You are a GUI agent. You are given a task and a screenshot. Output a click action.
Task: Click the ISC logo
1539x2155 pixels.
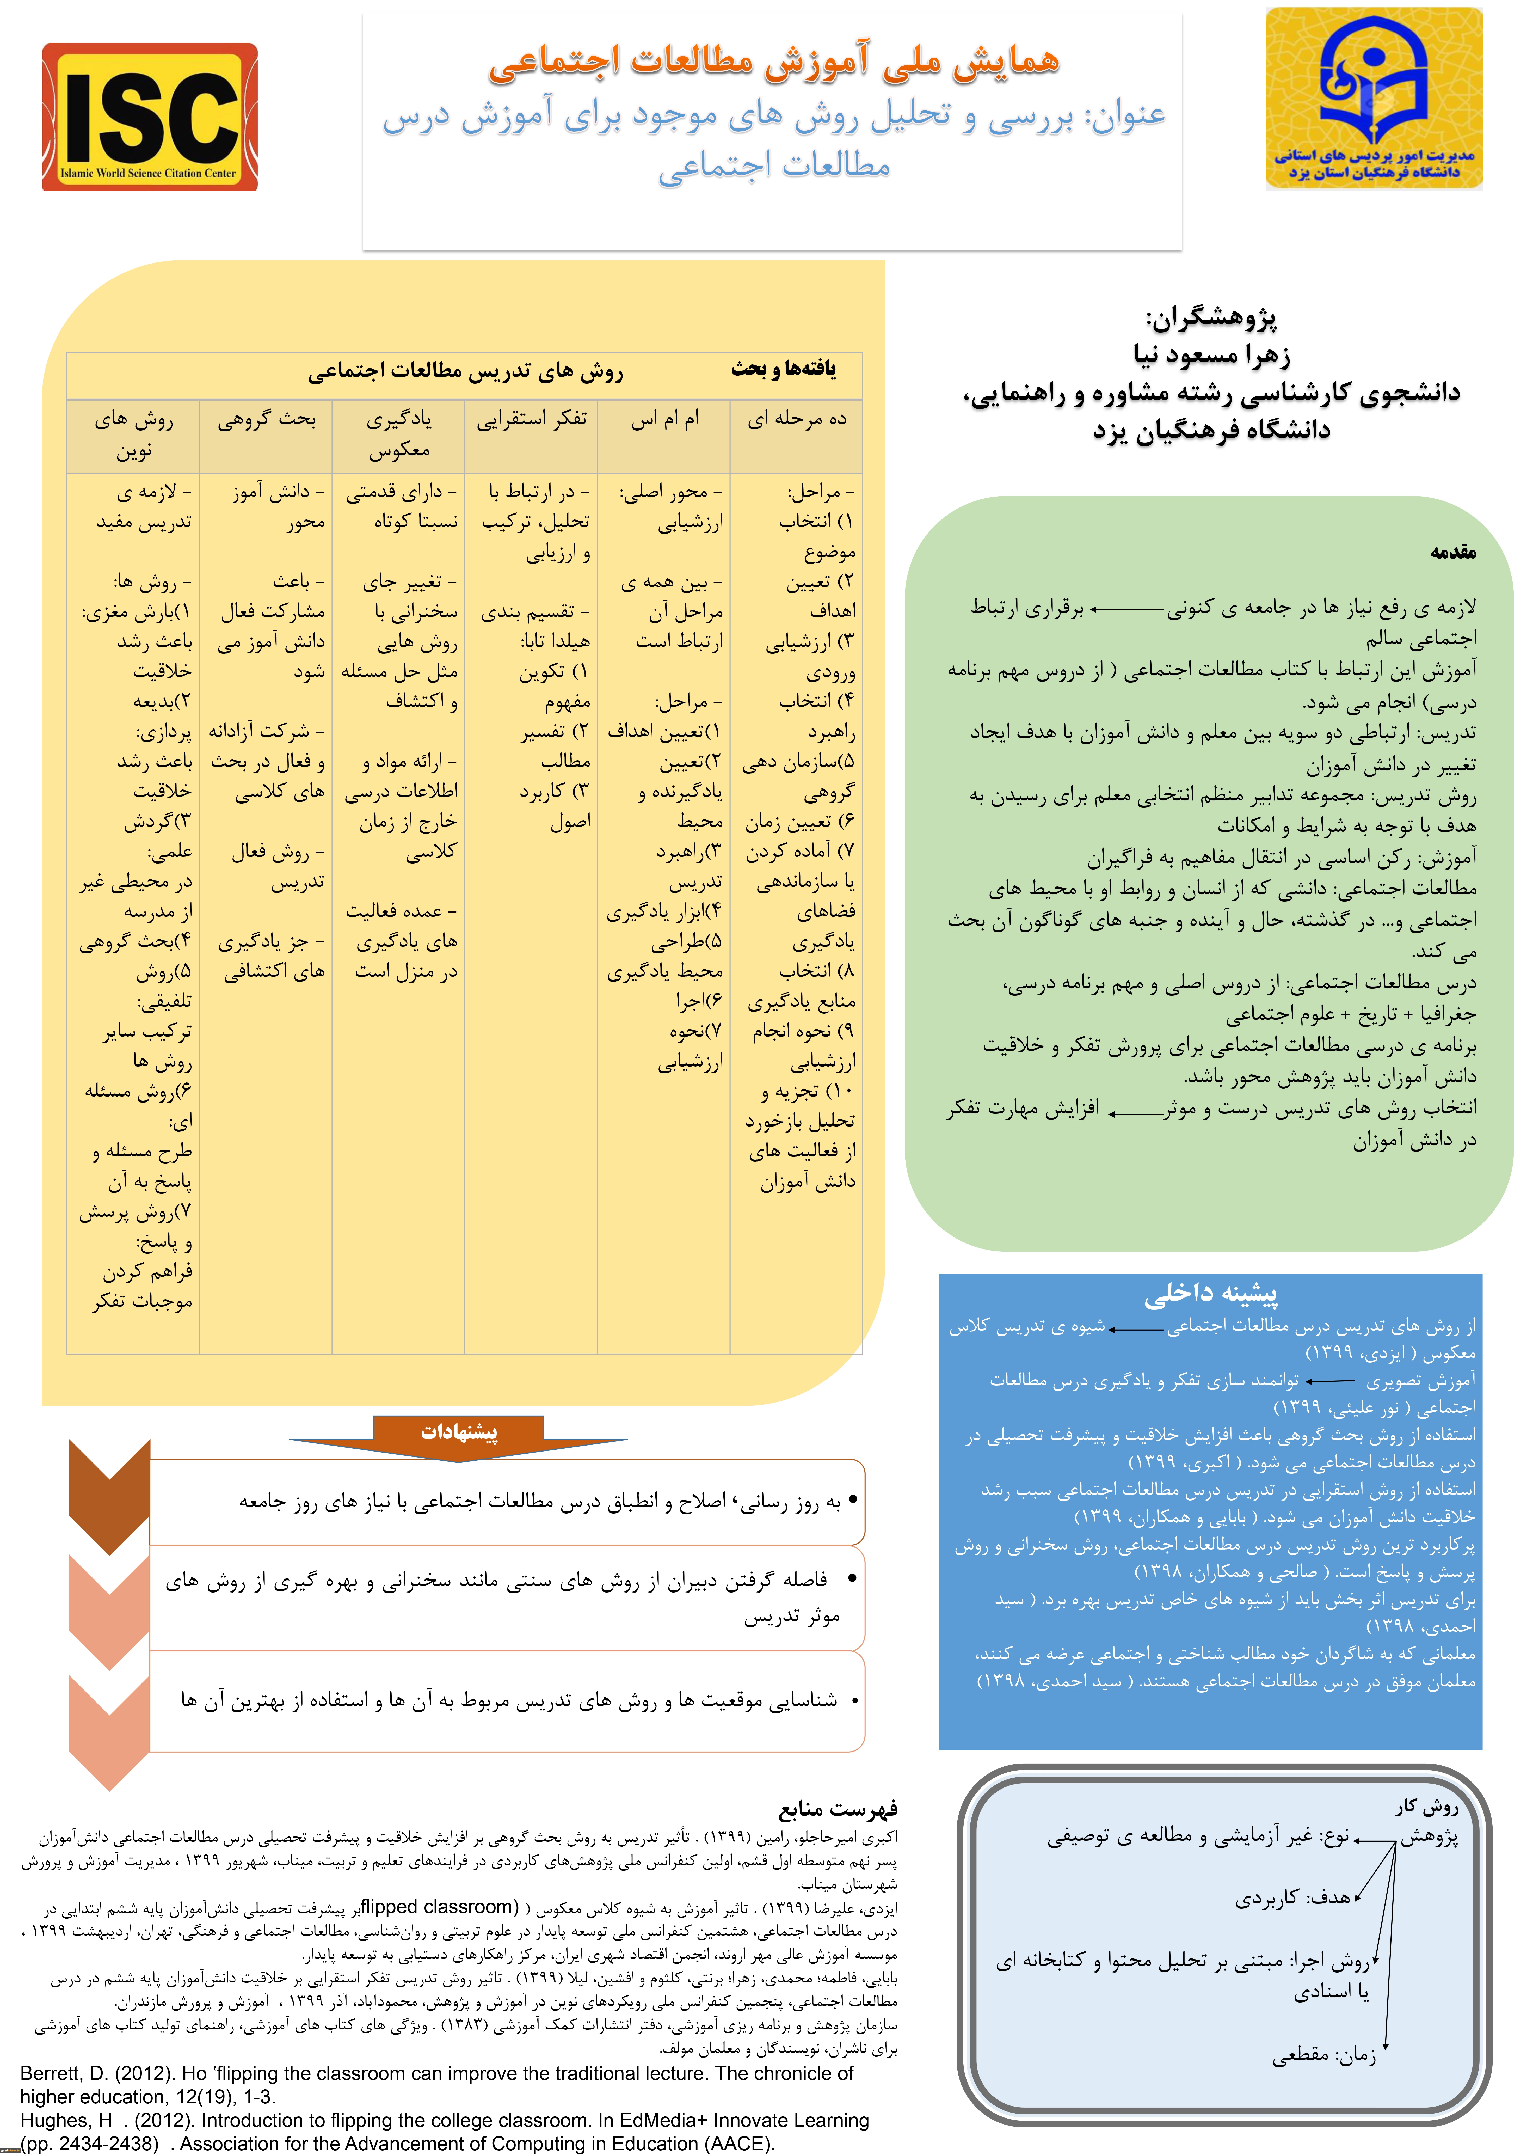point(150,117)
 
